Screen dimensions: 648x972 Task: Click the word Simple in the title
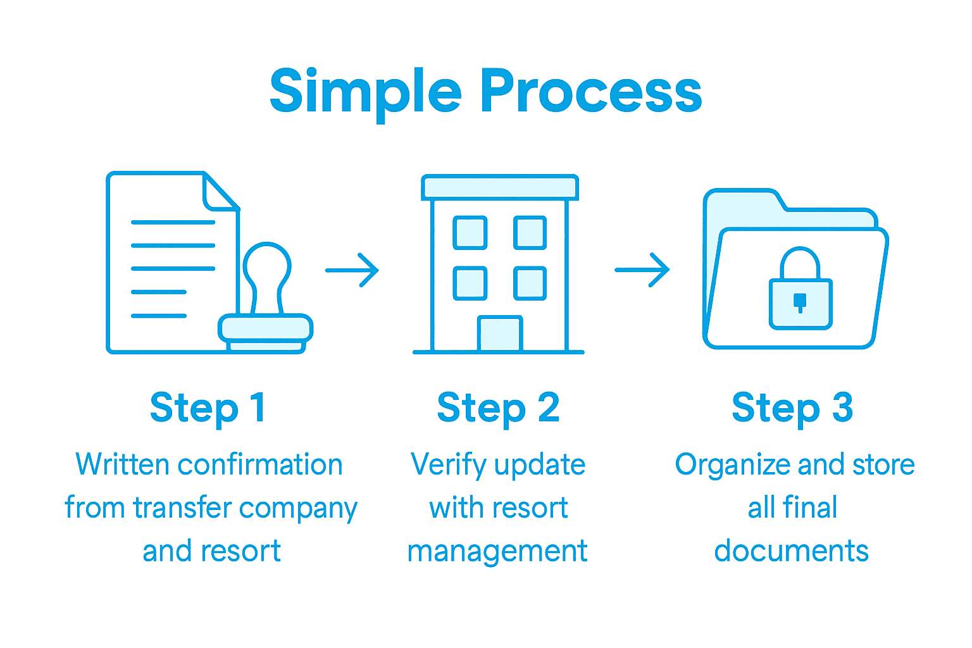[x=365, y=92]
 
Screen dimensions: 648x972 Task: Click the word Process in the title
[x=591, y=92]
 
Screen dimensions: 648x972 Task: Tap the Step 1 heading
[x=208, y=408]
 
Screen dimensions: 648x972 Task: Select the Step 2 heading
[x=498, y=408]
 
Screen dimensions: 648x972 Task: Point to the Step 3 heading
[x=792, y=408]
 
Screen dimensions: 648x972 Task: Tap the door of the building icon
[x=500, y=333]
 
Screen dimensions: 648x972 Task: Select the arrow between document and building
[x=352, y=270]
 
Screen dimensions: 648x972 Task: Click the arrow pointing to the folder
[x=642, y=270]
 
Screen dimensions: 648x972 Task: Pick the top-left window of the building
[x=470, y=232]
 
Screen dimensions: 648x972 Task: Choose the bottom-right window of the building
[x=530, y=283]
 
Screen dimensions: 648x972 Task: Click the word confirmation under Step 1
[x=260, y=465]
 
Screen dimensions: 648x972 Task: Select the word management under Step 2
[x=497, y=552]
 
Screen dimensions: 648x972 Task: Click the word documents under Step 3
[x=791, y=551]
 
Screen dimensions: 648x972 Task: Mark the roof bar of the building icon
[x=500, y=188]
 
